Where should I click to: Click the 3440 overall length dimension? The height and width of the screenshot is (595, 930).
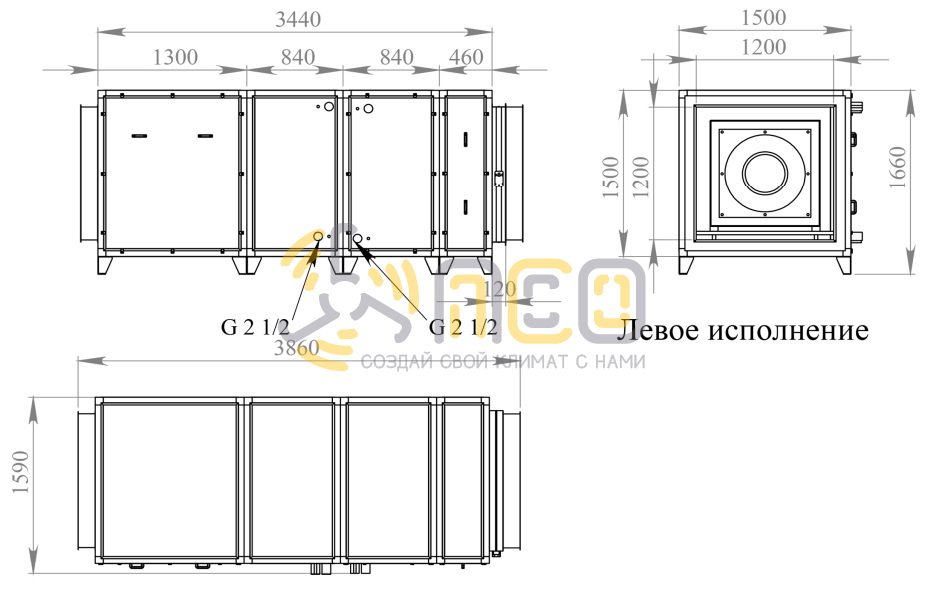pyautogui.click(x=298, y=20)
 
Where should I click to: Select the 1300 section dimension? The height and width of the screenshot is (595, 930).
pyautogui.click(x=175, y=57)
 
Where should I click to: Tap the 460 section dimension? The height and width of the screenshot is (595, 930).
pyautogui.click(x=466, y=57)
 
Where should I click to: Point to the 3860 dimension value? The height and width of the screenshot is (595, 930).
pyautogui.click(x=297, y=347)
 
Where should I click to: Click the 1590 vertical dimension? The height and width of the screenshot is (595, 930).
pyautogui.click(x=20, y=472)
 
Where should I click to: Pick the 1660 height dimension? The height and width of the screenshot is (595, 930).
pyautogui.click(x=898, y=167)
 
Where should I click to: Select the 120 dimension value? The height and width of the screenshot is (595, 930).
pyautogui.click(x=500, y=289)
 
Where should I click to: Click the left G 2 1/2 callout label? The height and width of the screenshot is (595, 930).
pyautogui.click(x=255, y=326)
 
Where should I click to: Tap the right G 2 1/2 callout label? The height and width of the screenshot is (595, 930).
pyautogui.click(x=463, y=326)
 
